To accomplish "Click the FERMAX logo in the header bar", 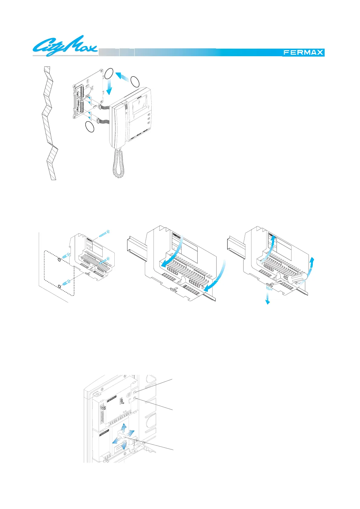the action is point(303,53).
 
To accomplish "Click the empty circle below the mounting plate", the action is point(90,127).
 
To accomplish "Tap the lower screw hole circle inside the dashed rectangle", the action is point(59,285).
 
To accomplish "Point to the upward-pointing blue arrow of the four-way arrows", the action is point(124,429).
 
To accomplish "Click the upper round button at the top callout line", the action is point(136,392).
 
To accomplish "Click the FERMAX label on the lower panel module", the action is point(105,432).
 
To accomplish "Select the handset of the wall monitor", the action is point(120,124).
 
